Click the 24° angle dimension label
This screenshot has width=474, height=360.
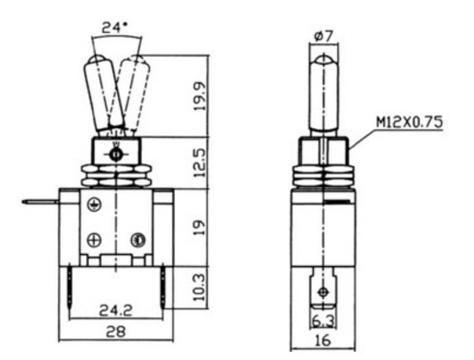pos(115,27)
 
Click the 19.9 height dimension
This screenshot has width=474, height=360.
pos(200,96)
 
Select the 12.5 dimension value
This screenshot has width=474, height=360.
pos(200,163)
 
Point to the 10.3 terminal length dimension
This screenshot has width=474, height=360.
pos(199,287)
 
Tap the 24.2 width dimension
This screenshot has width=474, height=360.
pos(116,310)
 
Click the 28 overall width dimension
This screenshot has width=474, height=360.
pos(115,332)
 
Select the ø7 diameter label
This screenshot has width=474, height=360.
pos(323,36)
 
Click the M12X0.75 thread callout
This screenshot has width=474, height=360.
pos(410,122)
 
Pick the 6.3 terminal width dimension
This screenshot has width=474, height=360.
pos(323,322)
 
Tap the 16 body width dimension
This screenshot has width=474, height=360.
pos(323,340)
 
